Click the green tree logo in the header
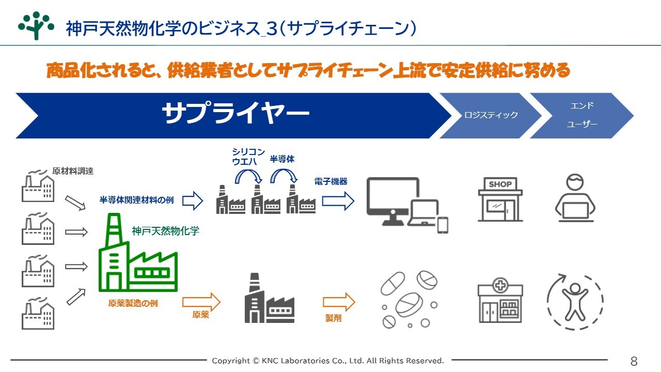coord(36,26)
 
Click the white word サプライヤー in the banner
coord(235,113)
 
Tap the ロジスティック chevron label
coord(491,115)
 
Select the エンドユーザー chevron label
coord(581,115)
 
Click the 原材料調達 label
coord(73,171)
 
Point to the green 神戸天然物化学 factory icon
coord(138,253)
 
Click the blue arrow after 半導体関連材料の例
coord(193,201)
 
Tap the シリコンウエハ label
coord(248,157)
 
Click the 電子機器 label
coord(331,181)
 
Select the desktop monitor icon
coord(393,201)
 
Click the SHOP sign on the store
coord(500,184)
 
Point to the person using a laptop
coord(575,197)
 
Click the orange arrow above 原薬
coord(201,302)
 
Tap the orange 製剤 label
coord(333,318)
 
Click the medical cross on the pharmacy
coord(500,286)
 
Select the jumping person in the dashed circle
coord(575,302)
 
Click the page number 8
coord(634,361)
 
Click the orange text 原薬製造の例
coord(133,303)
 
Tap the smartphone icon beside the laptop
coord(443,225)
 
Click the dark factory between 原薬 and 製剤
coord(270,298)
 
